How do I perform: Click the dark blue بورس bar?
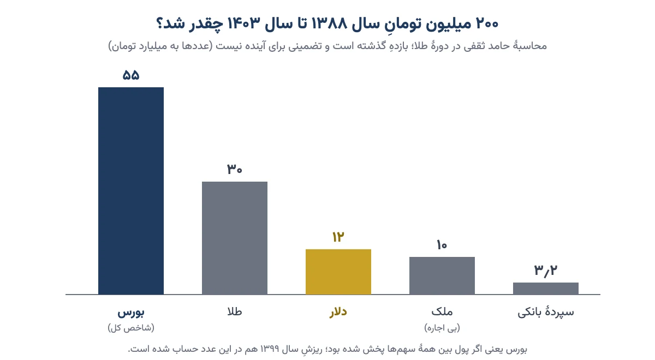tap(131, 191)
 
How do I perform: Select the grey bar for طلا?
tap(235, 238)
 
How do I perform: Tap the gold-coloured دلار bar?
tap(338, 272)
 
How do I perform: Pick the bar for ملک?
tap(442, 275)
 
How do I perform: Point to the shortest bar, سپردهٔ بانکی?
tap(546, 289)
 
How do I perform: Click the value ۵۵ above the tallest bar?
tap(131, 75)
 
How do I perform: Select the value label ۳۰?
tap(235, 169)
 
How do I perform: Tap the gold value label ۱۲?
tap(338, 237)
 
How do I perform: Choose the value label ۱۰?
tap(442, 245)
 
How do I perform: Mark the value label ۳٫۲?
tap(546, 271)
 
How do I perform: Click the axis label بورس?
tap(131, 313)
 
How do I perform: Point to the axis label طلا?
tap(235, 311)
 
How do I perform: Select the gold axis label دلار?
tap(338, 312)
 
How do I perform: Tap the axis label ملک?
tap(442, 311)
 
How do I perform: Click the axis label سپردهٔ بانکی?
tap(546, 312)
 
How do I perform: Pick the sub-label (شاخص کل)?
tap(131, 328)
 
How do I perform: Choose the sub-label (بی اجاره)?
tap(442, 328)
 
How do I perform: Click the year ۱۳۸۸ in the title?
tap(330, 23)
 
